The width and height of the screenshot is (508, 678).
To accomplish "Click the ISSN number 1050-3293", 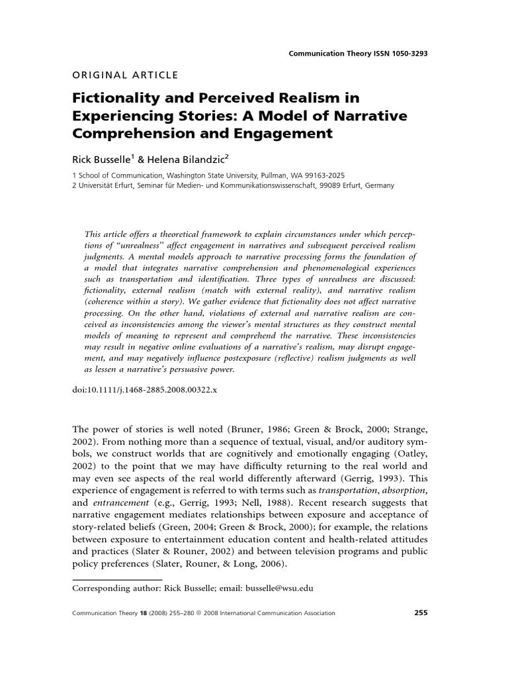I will [406, 54].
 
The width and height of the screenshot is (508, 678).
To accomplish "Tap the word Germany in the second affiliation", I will [378, 185].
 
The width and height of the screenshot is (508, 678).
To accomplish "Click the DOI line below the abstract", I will [144, 390].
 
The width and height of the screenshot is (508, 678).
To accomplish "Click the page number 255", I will [421, 613].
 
